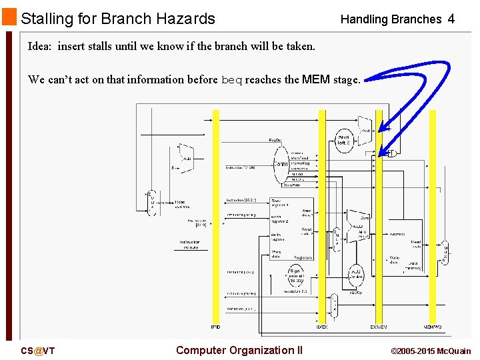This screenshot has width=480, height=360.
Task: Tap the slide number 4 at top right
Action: [x=451, y=19]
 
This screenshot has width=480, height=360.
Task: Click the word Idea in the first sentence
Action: [x=39, y=47]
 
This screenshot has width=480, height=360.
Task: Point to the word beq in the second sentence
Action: [x=231, y=80]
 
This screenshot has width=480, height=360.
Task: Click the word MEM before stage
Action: [x=316, y=80]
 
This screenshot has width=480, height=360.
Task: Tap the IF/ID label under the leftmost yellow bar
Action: [x=215, y=327]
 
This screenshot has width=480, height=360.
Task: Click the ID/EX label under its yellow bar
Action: [x=322, y=327]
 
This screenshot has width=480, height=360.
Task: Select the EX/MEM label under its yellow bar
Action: [x=379, y=327]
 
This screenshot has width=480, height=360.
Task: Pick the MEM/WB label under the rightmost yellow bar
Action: [x=433, y=327]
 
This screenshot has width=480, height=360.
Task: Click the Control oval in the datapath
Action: [x=282, y=164]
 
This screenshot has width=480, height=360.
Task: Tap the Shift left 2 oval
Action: [x=343, y=140]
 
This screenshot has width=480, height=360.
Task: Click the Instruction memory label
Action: [x=191, y=245]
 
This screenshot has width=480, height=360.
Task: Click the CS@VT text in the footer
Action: [x=37, y=351]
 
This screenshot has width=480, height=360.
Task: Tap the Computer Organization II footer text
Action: [x=239, y=351]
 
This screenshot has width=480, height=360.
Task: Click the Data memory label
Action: [x=413, y=265]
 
